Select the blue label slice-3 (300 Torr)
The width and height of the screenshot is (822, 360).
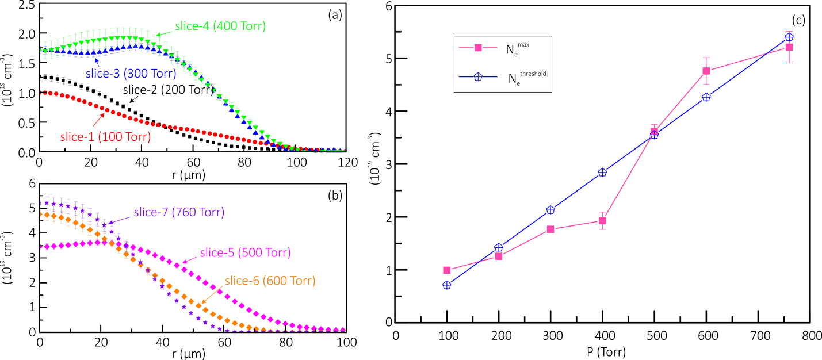(x=131, y=74)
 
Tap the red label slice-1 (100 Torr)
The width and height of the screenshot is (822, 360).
(x=105, y=137)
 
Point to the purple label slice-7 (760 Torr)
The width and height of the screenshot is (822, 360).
(x=179, y=212)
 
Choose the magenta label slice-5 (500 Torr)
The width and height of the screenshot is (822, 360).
(x=245, y=253)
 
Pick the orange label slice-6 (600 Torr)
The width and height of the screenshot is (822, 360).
(x=270, y=281)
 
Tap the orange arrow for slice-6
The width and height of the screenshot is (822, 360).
(x=211, y=293)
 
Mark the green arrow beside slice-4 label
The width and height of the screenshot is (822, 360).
(x=163, y=32)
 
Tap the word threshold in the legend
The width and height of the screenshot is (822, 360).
(x=533, y=74)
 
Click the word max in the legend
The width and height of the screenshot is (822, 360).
(x=523, y=44)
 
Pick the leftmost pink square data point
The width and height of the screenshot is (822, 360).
(x=447, y=270)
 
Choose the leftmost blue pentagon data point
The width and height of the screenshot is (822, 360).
(x=447, y=285)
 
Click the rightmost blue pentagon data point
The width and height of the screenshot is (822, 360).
(x=789, y=37)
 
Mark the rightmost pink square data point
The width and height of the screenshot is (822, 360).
(x=789, y=47)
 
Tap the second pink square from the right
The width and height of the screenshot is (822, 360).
(x=706, y=71)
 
